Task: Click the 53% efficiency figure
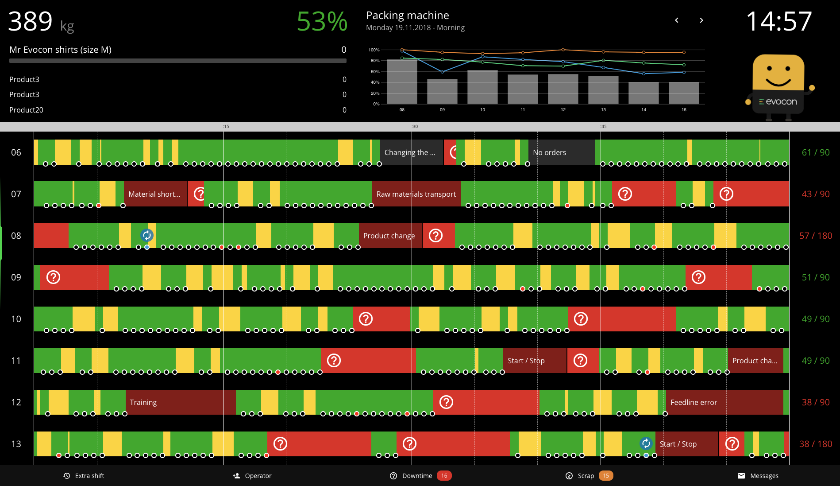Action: pyautogui.click(x=322, y=21)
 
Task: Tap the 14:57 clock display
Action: pyautogui.click(x=779, y=21)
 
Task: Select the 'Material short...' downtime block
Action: pyautogui.click(x=155, y=194)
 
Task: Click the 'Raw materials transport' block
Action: pyautogui.click(x=416, y=194)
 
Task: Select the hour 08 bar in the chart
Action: pyautogui.click(x=402, y=82)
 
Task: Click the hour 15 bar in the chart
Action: pyautogui.click(x=684, y=93)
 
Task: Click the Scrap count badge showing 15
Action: pyautogui.click(x=606, y=476)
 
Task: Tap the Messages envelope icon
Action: pyautogui.click(x=741, y=476)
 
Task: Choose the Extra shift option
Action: pyautogui.click(x=84, y=476)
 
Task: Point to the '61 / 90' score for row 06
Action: pyautogui.click(x=815, y=152)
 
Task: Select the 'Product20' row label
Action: pyautogui.click(x=27, y=110)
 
